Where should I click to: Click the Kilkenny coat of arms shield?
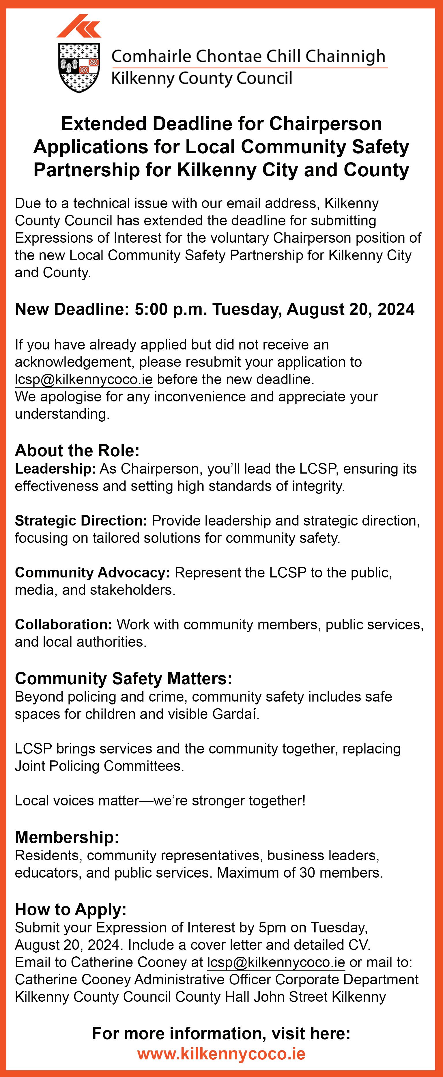click(78, 67)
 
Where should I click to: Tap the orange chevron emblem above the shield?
click(79, 26)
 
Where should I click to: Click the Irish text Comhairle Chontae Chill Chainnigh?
click(248, 56)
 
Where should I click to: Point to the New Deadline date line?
click(214, 309)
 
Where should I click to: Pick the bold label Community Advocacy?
click(92, 572)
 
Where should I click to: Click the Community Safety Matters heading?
click(123, 678)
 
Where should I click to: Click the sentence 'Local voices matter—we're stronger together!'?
click(160, 800)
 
